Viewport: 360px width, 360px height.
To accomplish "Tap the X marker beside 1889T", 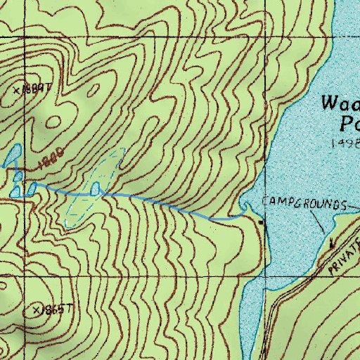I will [x=18, y=91].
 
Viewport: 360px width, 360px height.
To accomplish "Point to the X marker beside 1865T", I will [x=37, y=309].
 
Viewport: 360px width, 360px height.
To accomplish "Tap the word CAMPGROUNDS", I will [x=304, y=203].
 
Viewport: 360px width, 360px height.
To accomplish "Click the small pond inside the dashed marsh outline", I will [x=96, y=188].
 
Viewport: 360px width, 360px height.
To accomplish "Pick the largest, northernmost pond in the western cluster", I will [x=13, y=155].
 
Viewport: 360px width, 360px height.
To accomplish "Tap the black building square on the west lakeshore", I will [x=262, y=222].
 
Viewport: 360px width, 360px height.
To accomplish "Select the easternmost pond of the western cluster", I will [x=32, y=188].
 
